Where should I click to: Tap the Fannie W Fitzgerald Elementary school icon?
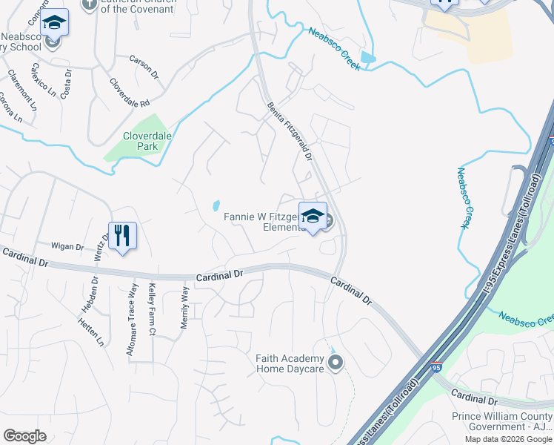(x=313, y=216)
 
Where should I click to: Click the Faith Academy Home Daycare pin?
(x=336, y=363)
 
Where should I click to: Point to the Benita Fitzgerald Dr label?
(x=290, y=132)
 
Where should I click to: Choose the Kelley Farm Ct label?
(x=152, y=306)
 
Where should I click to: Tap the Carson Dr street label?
(x=144, y=66)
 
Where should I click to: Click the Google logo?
(x=24, y=436)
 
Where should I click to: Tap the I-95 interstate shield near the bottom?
(x=437, y=367)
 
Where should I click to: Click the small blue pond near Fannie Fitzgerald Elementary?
(x=216, y=205)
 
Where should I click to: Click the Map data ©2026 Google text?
(x=508, y=439)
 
